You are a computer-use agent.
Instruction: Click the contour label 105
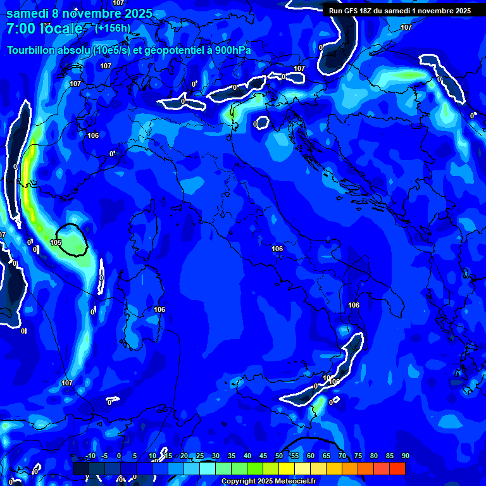[x=56, y=242]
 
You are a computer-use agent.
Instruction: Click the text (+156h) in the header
[x=112, y=28]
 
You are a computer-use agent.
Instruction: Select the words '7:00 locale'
[x=44, y=28]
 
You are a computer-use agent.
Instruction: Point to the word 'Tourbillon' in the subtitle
[x=32, y=51]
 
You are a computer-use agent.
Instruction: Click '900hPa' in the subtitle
[x=231, y=51]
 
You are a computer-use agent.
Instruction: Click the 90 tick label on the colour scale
[x=405, y=456]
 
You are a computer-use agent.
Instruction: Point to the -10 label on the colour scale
[x=90, y=456]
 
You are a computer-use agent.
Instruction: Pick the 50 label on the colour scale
[x=279, y=456]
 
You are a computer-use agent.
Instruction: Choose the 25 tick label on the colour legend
[x=200, y=456]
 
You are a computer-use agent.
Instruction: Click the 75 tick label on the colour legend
[x=358, y=456]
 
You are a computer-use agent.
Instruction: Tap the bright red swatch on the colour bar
[x=397, y=468]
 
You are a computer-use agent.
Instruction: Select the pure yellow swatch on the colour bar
[x=287, y=468]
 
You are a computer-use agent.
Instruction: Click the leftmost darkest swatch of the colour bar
[x=80, y=468]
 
